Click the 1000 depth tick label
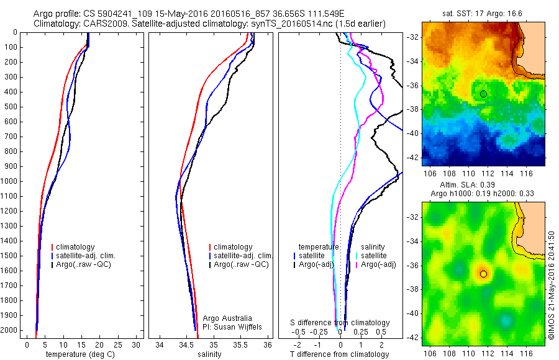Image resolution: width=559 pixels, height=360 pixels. tap(10, 181)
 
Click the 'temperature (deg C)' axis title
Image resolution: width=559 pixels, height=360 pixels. tap(80, 354)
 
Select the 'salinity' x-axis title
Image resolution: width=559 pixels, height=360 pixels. tap(209, 354)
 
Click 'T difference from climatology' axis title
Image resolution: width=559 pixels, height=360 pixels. tap(340, 354)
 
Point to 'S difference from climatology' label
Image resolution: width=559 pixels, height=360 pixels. tap(340, 323)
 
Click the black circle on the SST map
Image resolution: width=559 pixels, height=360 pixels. tap(483, 94)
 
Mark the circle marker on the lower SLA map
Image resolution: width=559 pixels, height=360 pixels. tap(483, 274)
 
